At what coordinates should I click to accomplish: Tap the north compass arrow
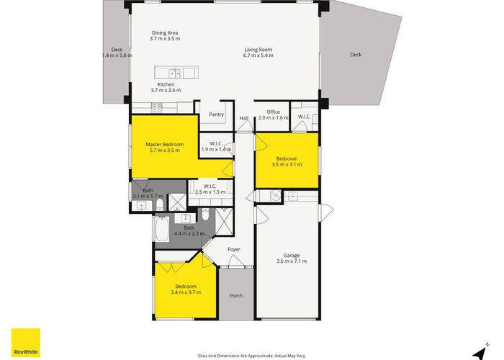[477, 352]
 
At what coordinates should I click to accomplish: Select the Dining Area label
[165, 32]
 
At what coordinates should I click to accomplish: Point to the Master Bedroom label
[165, 145]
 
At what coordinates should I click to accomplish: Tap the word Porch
[236, 295]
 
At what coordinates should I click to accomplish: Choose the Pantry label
[216, 114]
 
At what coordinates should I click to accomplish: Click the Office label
[273, 112]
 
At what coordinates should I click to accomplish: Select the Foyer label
[234, 249]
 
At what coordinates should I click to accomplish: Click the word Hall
[243, 118]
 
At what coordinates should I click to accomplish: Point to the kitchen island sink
[174, 73]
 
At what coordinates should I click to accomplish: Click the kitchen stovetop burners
[156, 107]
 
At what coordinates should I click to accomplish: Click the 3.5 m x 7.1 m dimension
[291, 261]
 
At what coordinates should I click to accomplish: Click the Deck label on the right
[356, 54]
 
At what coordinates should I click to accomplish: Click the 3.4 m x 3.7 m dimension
[185, 292]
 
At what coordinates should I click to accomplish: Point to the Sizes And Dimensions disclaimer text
[251, 354]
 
